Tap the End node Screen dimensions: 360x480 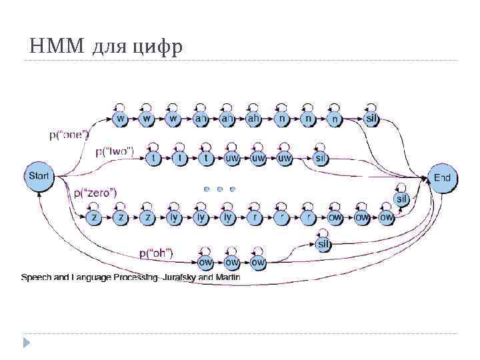(x=442, y=178)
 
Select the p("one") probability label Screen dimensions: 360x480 (x=69, y=135)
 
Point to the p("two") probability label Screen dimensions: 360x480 (x=114, y=151)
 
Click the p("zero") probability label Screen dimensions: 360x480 (x=95, y=193)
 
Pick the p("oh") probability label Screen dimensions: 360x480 (x=156, y=253)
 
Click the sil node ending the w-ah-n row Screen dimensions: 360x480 (x=373, y=119)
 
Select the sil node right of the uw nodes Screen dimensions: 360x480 (x=320, y=158)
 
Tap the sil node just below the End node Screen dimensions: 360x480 (x=402, y=199)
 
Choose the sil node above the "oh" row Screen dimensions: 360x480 (x=323, y=245)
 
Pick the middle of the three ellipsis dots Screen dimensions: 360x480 (x=219, y=189)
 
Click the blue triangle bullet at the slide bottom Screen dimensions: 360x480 (x=27, y=343)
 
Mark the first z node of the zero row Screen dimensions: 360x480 (x=95, y=217)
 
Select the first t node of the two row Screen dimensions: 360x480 (x=155, y=158)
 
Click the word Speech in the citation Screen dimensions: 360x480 (x=35, y=277)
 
